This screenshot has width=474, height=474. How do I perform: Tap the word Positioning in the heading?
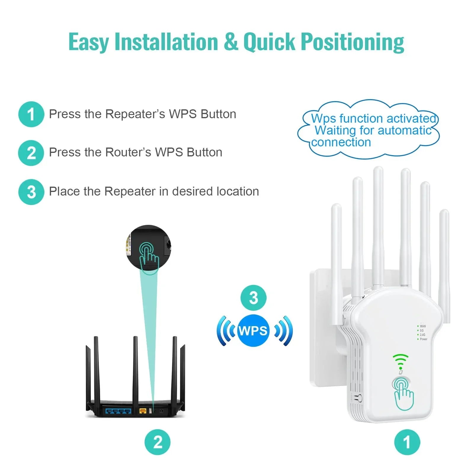353,42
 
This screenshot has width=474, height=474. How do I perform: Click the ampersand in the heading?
231,42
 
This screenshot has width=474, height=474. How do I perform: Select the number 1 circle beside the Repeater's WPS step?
31,114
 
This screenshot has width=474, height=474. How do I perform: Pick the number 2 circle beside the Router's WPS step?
31,153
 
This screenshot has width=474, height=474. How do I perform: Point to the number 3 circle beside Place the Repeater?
31,192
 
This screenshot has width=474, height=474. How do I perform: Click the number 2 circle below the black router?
158,442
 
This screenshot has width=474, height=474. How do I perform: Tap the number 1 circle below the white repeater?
407,442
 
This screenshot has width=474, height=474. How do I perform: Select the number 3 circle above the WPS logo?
253,298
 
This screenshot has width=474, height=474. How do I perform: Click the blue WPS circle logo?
253,331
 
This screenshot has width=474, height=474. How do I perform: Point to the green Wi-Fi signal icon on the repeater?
401,361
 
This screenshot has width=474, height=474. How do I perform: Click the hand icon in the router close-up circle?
149,257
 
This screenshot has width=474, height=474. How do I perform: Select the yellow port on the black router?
143,411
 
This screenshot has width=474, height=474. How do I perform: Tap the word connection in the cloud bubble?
341,142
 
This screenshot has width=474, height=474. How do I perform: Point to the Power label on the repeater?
424,339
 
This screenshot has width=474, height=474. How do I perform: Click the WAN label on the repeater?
423,326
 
